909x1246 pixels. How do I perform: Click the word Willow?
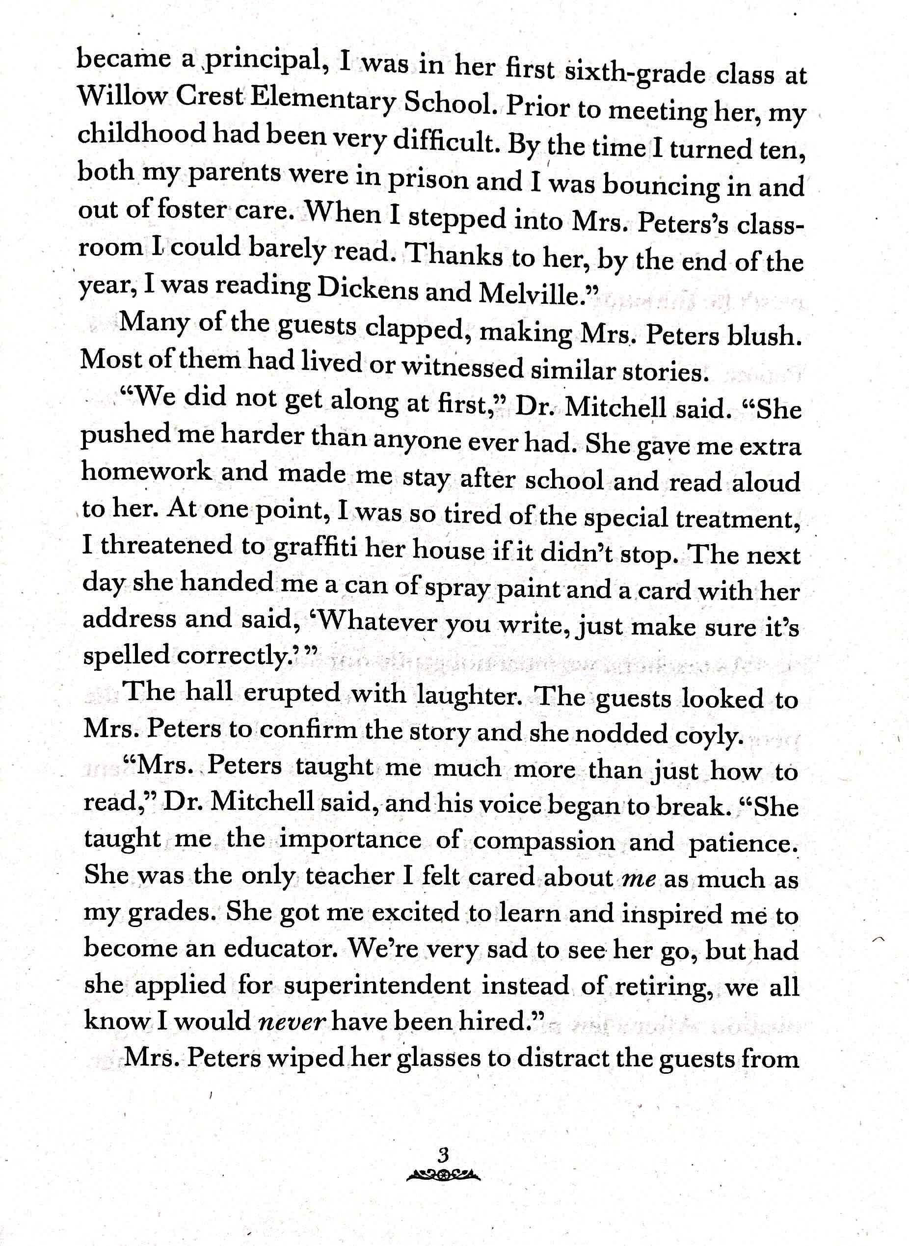click(122, 97)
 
